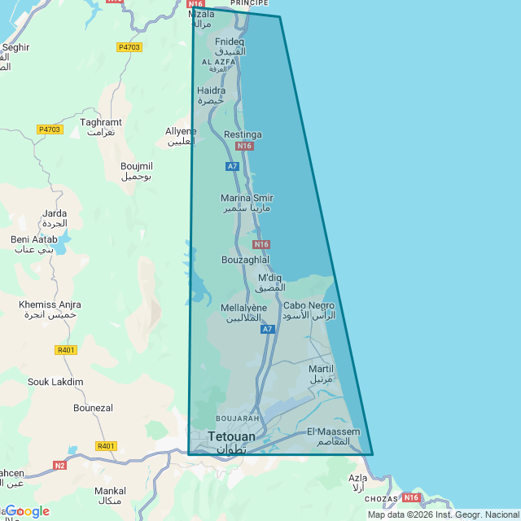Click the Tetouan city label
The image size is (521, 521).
[x=231, y=437]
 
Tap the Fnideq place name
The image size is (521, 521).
[x=230, y=42]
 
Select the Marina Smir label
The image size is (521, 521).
[x=247, y=198]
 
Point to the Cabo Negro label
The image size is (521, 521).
[x=309, y=306]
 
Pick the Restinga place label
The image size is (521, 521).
[x=243, y=134]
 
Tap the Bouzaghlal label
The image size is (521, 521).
[x=245, y=260]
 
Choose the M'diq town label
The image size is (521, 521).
[x=269, y=278]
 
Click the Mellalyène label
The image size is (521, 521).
[x=243, y=308]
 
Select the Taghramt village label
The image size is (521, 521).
[x=100, y=122]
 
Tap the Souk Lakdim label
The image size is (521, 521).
[x=55, y=381]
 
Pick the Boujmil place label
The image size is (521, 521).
[x=137, y=166]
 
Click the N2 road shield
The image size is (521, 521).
[x=59, y=465]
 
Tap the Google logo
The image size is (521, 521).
[x=28, y=511]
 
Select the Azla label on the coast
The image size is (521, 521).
[x=357, y=478]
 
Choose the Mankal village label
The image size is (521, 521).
[x=110, y=491]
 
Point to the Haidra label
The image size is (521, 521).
[x=211, y=91]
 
